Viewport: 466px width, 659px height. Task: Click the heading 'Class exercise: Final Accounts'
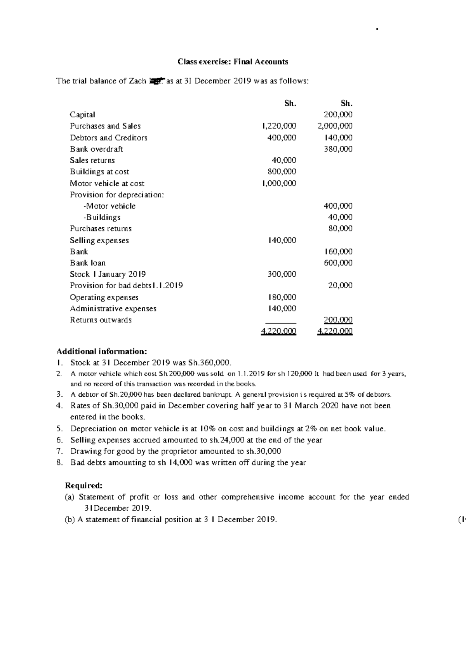pos(233,62)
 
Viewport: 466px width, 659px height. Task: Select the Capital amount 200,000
pos(338,115)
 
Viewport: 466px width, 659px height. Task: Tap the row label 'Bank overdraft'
pos(96,149)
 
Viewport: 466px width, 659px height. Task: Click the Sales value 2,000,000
pos(335,126)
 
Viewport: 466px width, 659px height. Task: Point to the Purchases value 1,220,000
pos(279,126)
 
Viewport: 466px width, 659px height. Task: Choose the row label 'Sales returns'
pos(92,160)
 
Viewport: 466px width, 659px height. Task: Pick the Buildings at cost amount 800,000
pos(282,172)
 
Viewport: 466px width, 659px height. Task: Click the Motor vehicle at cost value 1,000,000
pos(279,183)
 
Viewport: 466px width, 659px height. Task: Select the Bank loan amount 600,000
pos(338,263)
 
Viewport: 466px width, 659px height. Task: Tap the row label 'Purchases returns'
pos(101,228)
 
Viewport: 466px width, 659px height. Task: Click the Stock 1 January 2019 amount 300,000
pos(282,274)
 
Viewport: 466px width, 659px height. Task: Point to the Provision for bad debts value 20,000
pos(340,286)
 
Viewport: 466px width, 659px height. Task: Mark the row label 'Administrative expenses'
pos(113,309)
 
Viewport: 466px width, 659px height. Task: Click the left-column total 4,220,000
pos(278,331)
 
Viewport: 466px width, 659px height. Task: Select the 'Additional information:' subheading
pos(102,352)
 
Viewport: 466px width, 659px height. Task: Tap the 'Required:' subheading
pos(84,486)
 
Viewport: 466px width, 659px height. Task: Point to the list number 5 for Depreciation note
pos(59,429)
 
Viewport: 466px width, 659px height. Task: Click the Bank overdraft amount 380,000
pos(338,149)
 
